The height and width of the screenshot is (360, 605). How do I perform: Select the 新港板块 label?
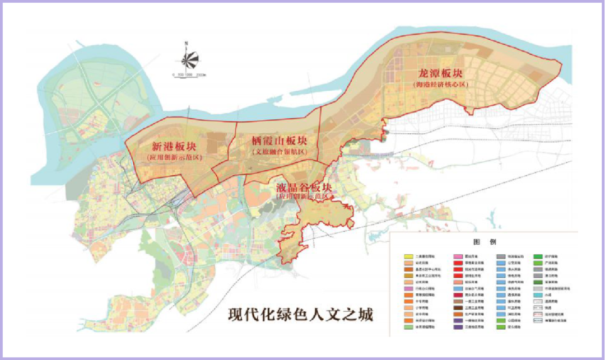point(174,147)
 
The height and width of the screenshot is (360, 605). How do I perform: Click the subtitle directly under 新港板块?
point(174,158)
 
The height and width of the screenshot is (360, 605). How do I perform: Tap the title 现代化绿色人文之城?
point(300,314)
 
